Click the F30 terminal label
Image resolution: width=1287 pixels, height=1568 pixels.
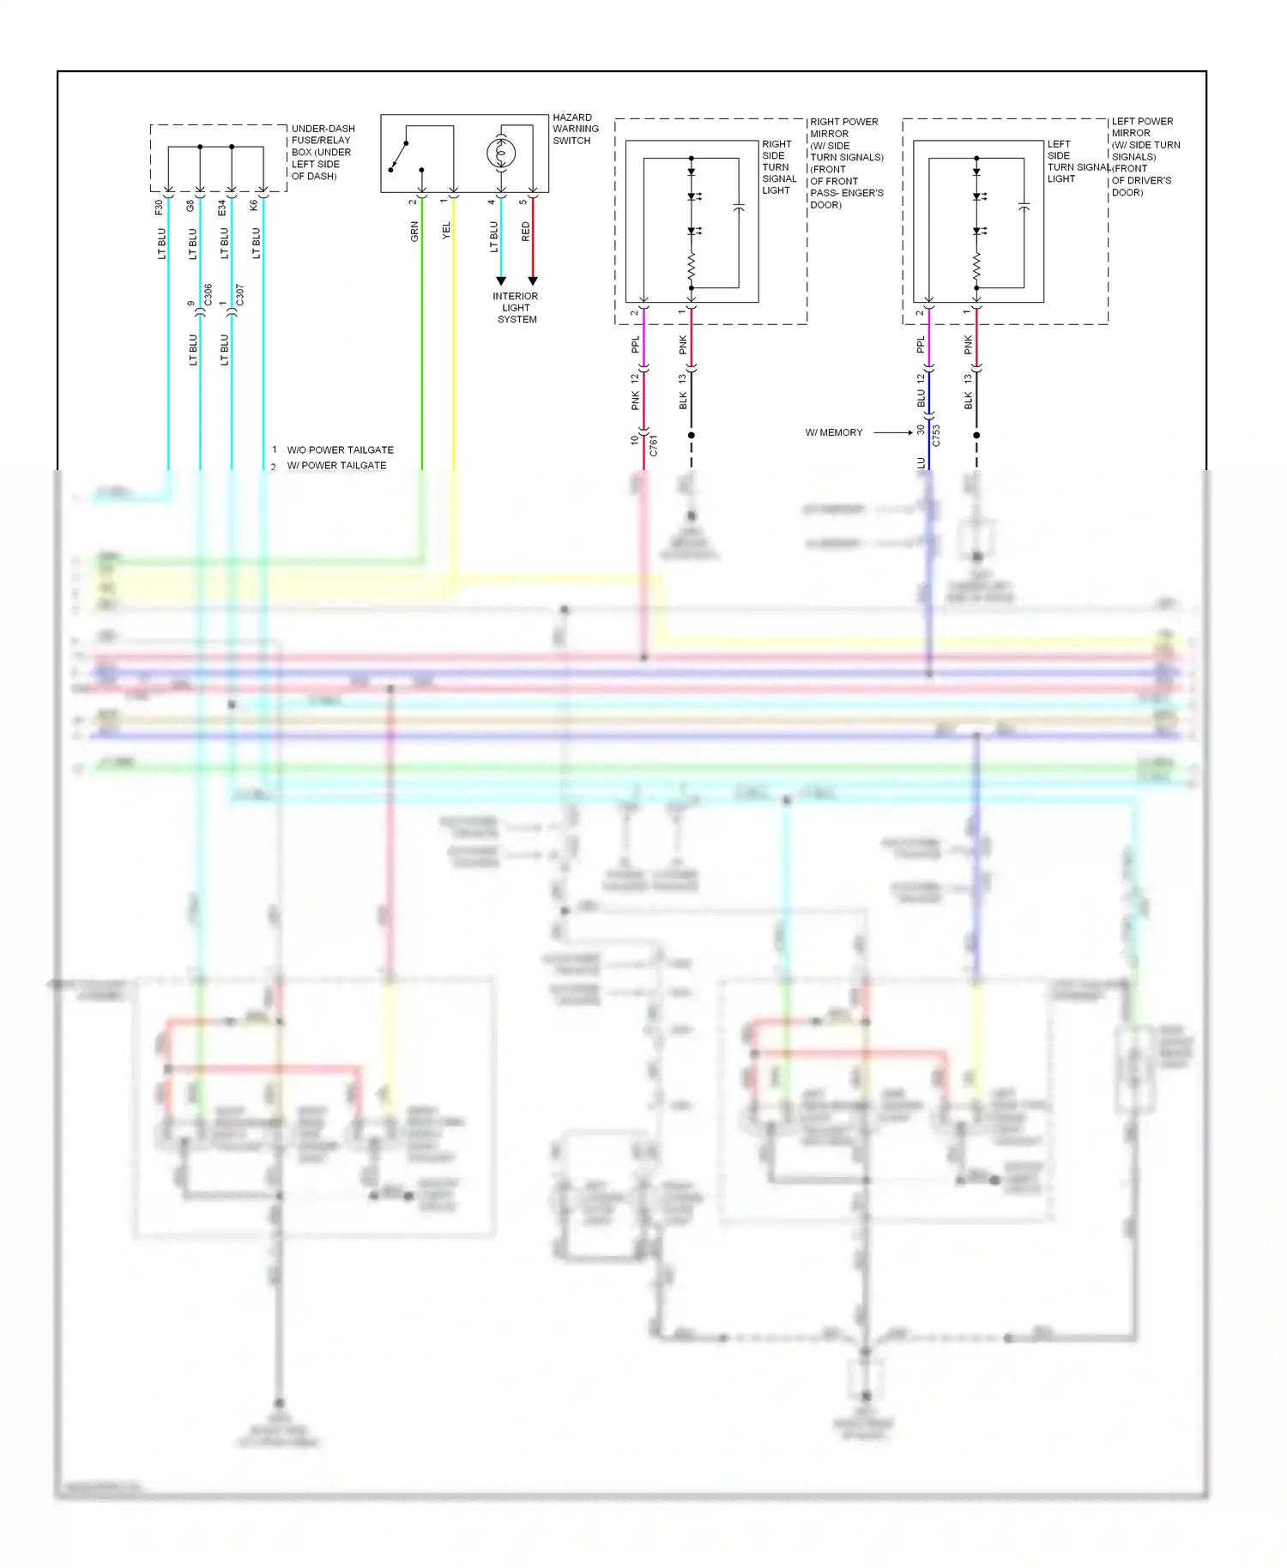[x=159, y=207]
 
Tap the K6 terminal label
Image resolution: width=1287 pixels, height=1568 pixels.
[x=254, y=206]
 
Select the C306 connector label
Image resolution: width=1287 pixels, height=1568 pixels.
[x=208, y=295]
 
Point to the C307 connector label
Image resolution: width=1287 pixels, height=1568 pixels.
[x=240, y=295]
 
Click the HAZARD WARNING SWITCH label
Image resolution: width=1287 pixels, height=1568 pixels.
[x=575, y=129]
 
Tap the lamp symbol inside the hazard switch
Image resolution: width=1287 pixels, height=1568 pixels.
[x=501, y=154]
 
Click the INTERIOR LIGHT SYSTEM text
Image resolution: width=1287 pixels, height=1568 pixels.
[x=516, y=307]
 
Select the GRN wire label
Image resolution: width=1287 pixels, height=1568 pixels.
[x=414, y=231]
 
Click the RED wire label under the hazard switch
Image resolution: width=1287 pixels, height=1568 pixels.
[x=526, y=231]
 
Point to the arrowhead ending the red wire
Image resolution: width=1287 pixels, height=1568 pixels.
[x=533, y=281]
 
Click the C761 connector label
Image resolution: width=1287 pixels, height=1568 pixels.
[x=654, y=445]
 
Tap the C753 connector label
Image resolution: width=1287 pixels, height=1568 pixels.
[x=937, y=436]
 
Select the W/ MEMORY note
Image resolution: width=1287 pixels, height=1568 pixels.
[x=834, y=432]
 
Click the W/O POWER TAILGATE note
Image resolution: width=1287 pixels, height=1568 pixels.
[x=340, y=449]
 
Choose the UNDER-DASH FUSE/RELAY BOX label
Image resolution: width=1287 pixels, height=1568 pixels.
[x=323, y=152]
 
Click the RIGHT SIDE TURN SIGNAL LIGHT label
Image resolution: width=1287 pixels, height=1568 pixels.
[x=778, y=167]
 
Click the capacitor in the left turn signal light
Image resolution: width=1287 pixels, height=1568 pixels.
[x=1024, y=207]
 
